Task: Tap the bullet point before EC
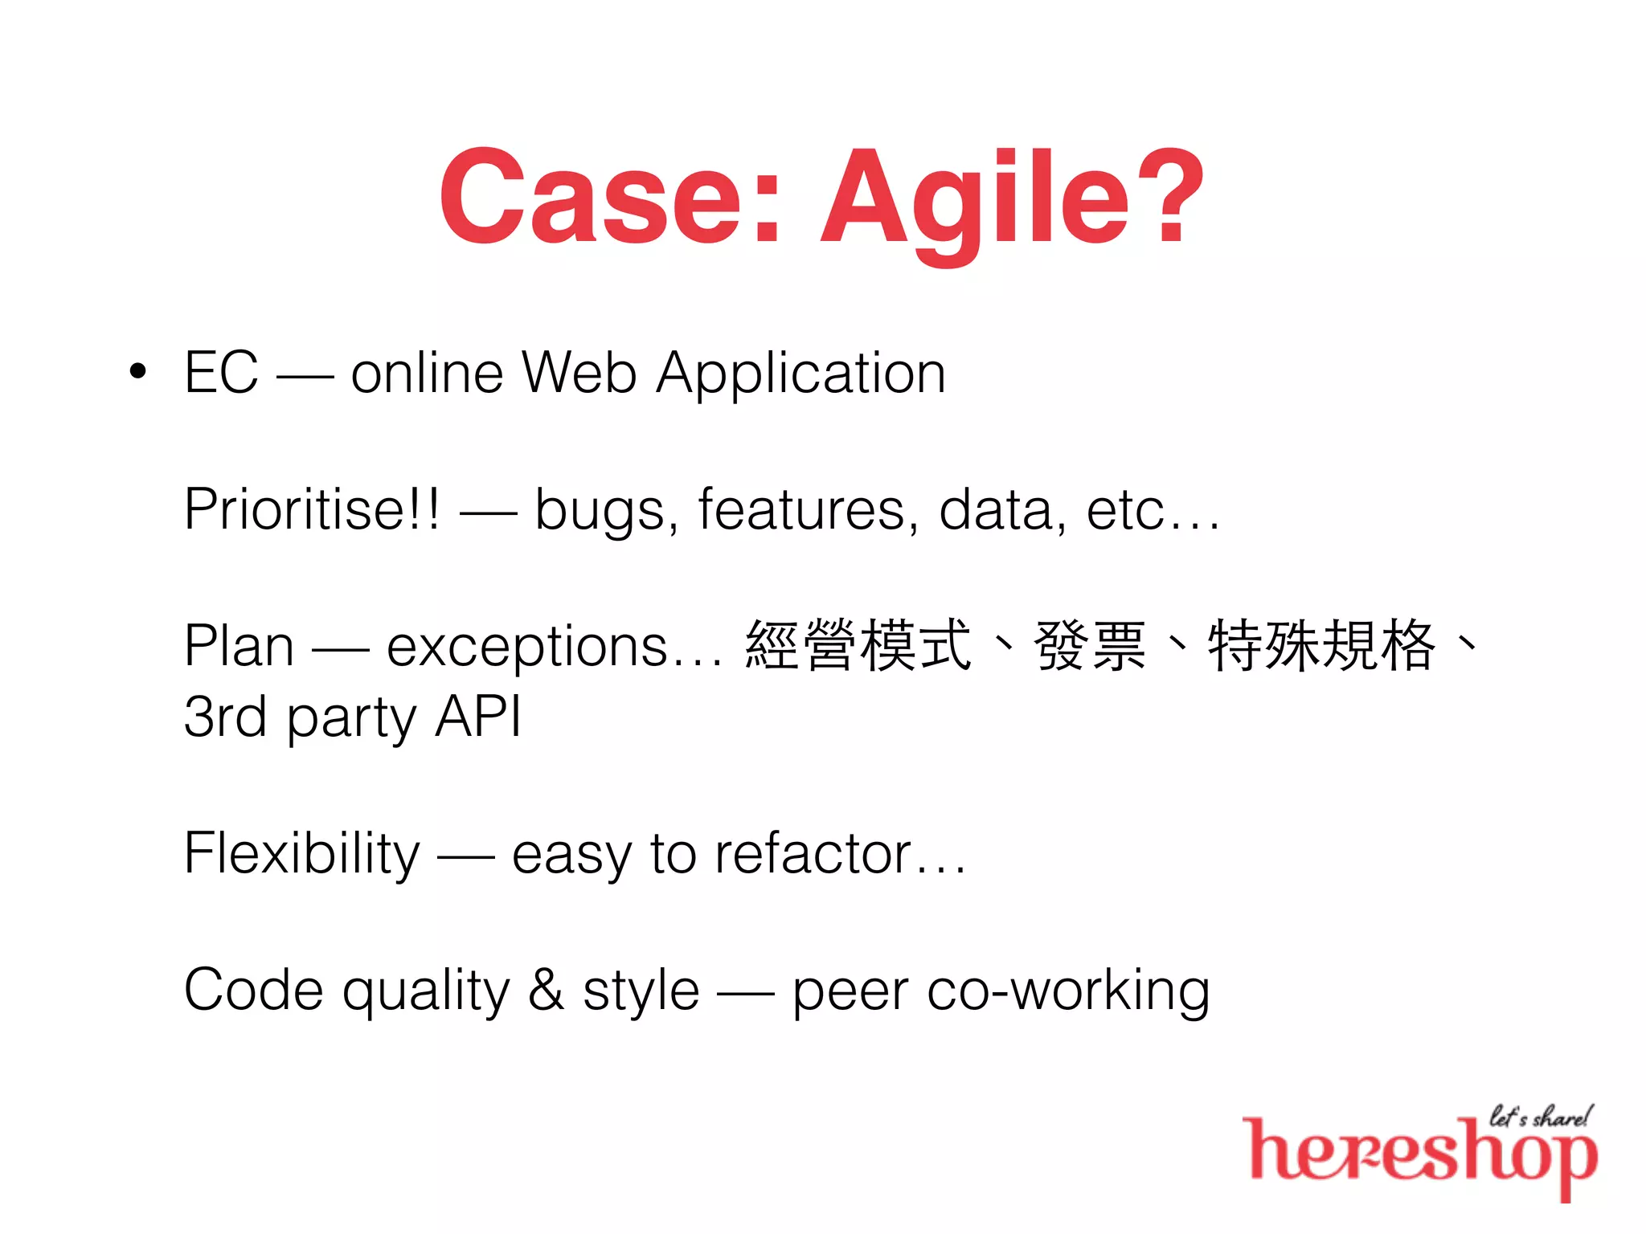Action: (x=138, y=372)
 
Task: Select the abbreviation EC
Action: (x=221, y=373)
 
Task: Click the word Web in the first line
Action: (x=579, y=373)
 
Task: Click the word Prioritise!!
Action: (x=312, y=509)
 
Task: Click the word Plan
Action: (x=239, y=646)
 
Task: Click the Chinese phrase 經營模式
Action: (x=858, y=645)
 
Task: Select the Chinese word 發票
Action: (x=1090, y=645)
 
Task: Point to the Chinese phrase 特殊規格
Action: (x=1321, y=645)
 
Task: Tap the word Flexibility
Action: (x=301, y=855)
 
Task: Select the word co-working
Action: (x=1068, y=991)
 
